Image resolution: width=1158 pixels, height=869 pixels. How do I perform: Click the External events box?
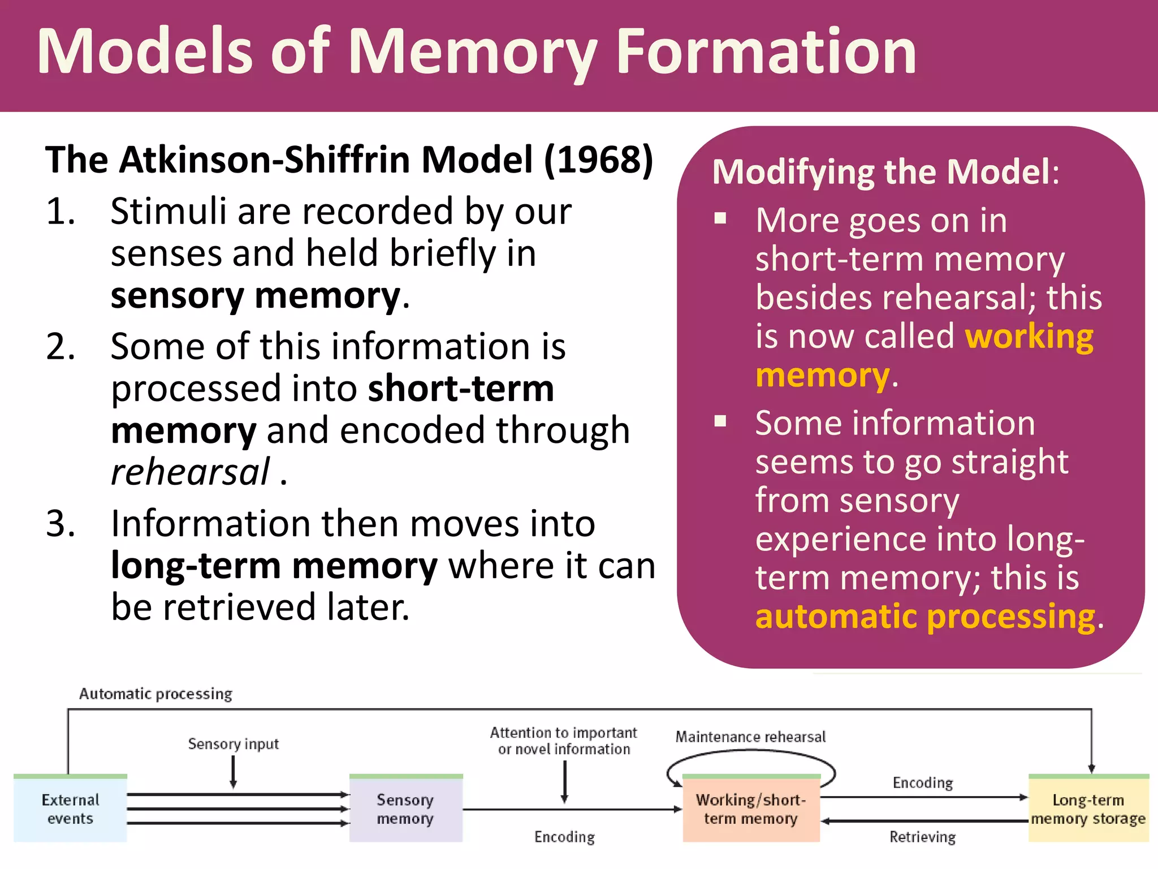[70, 809]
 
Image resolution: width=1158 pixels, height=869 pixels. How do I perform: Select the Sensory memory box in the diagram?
[405, 809]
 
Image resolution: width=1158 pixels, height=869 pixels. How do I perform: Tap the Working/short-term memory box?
[751, 809]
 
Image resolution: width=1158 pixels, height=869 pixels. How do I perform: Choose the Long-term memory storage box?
[1088, 809]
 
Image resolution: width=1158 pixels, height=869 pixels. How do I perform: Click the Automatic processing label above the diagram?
[155, 694]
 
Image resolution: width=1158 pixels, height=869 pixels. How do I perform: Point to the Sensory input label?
[233, 743]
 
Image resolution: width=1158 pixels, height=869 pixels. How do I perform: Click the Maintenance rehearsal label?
[750, 737]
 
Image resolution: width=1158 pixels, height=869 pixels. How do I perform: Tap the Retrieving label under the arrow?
[922, 837]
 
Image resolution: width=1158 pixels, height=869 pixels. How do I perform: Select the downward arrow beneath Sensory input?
[233, 772]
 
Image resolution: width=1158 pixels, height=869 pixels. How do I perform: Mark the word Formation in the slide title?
[766, 52]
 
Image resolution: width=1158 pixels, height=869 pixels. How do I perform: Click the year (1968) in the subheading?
[598, 160]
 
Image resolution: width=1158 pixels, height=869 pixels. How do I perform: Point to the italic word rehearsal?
[191, 472]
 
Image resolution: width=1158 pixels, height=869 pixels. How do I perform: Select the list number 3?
[60, 523]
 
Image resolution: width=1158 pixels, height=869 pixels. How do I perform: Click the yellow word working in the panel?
[1029, 337]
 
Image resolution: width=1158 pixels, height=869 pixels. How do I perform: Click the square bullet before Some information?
[720, 421]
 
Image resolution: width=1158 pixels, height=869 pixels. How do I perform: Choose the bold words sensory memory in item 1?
[256, 296]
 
